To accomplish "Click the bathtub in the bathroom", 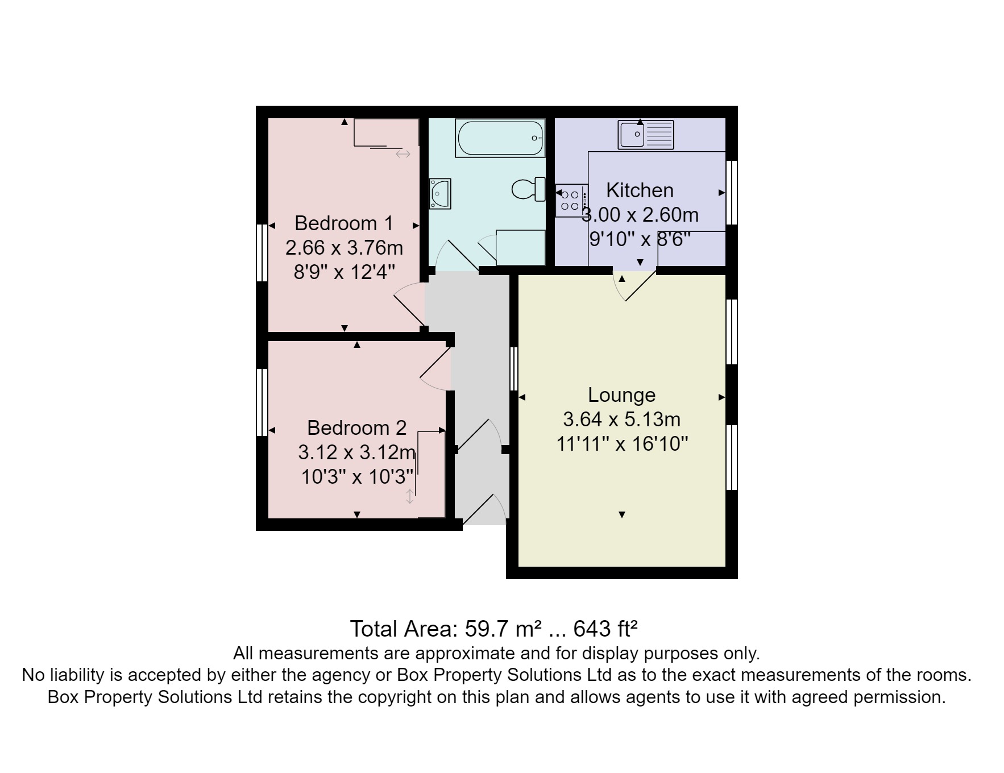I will click(x=500, y=138).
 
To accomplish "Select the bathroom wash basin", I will click(x=439, y=194).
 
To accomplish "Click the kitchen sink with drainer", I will click(x=645, y=135).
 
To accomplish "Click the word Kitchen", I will click(x=640, y=190).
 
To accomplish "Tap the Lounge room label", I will click(x=621, y=394).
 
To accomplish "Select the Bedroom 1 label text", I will click(x=343, y=223).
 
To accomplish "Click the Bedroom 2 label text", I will click(x=356, y=427).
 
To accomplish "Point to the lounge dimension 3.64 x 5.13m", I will click(x=621, y=419).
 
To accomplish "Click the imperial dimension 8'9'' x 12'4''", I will click(x=343, y=272).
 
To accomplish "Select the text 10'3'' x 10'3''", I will click(x=356, y=476).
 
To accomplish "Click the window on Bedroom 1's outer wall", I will click(x=262, y=252).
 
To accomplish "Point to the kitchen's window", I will click(x=732, y=192).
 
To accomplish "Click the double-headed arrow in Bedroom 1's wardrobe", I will click(x=403, y=154).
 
